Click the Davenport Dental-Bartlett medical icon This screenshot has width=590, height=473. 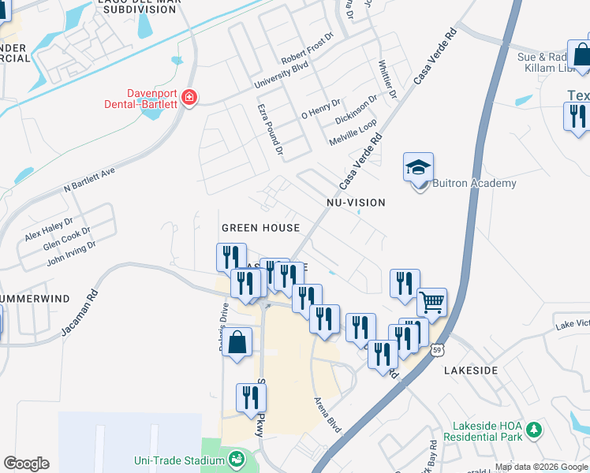[189, 98]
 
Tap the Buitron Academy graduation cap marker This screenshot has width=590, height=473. [419, 168]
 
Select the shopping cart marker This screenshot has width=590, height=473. [431, 301]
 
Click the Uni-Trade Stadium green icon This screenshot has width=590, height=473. [236, 458]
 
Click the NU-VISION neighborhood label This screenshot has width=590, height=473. [356, 203]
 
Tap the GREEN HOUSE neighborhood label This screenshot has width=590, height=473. [260, 228]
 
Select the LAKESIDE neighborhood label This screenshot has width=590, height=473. [471, 370]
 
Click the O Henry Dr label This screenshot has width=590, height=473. [320, 109]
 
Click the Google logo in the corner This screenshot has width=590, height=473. [26, 464]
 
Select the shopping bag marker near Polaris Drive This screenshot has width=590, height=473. [237, 343]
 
